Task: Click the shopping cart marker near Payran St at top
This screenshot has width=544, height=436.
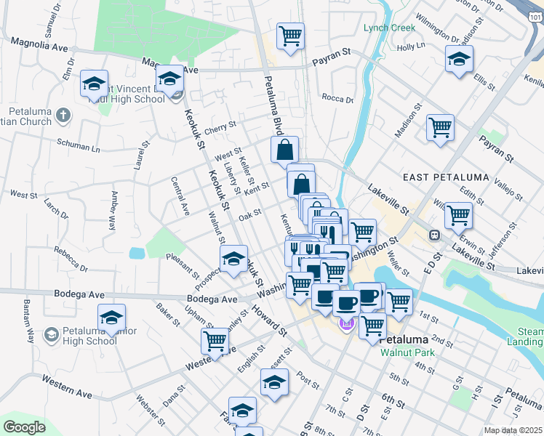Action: click(x=290, y=36)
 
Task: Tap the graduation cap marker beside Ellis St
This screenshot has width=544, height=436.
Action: click(x=459, y=60)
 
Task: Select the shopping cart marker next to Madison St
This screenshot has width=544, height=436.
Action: click(x=441, y=128)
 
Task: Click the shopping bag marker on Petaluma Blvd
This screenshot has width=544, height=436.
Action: click(x=285, y=150)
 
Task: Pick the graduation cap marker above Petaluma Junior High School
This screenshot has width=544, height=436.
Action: click(x=111, y=318)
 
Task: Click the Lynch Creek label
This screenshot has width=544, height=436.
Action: click(x=390, y=28)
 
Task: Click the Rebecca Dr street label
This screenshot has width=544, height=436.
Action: click(x=70, y=259)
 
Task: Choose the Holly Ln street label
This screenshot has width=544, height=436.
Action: click(x=410, y=46)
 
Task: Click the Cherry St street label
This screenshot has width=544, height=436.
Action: click(x=220, y=126)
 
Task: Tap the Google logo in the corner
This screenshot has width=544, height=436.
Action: click(x=24, y=427)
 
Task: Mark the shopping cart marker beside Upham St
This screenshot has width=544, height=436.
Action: click(x=215, y=341)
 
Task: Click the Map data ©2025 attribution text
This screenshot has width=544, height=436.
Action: click(x=512, y=430)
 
